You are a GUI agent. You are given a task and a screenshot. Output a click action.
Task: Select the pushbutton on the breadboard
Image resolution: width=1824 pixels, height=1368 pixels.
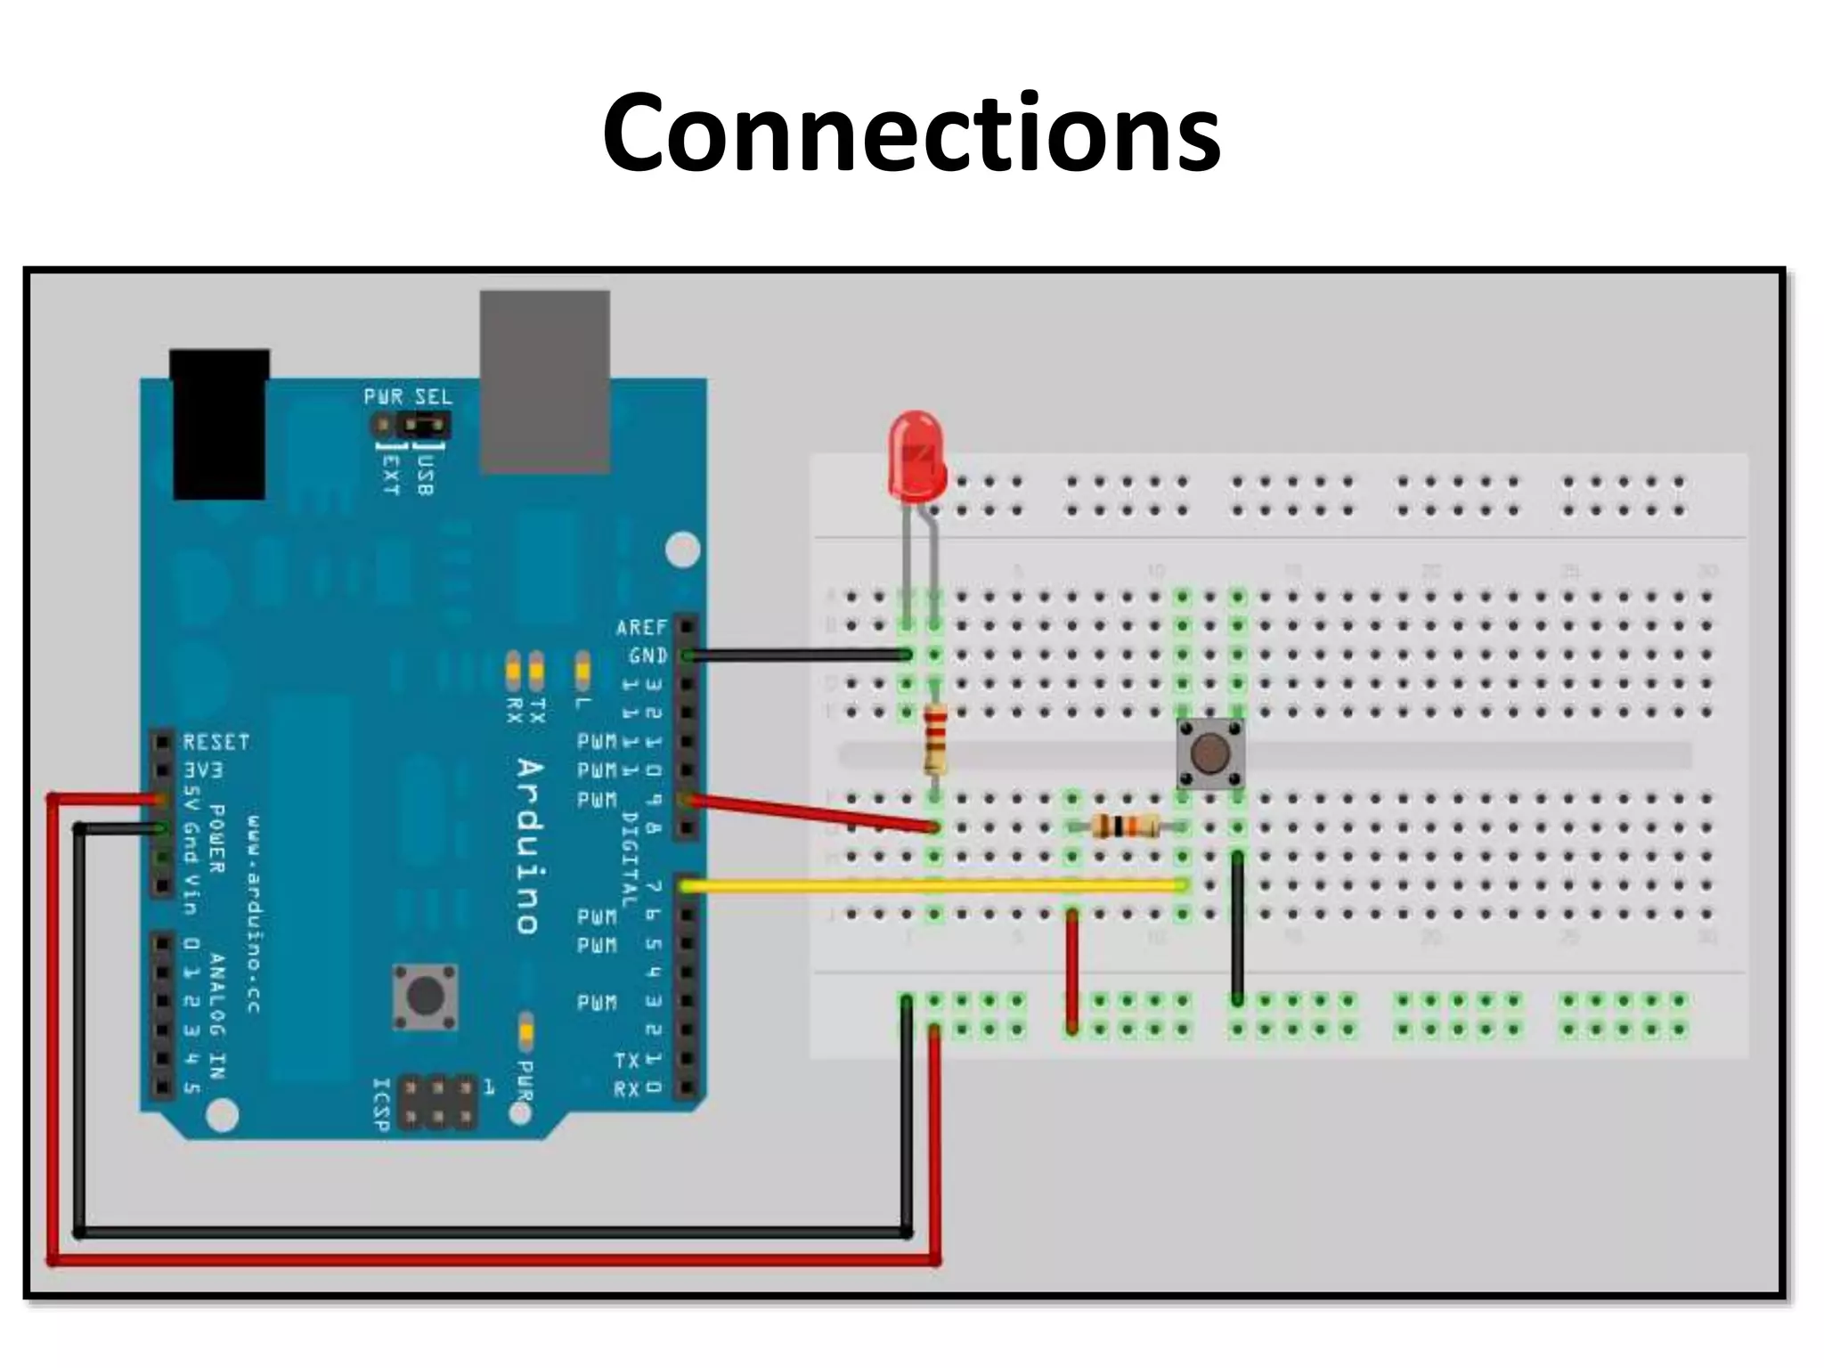[x=1209, y=754]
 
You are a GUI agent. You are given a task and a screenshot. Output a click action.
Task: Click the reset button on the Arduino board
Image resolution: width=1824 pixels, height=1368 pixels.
[x=426, y=997]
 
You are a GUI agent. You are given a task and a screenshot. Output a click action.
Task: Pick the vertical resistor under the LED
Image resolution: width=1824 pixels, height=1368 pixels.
[x=934, y=738]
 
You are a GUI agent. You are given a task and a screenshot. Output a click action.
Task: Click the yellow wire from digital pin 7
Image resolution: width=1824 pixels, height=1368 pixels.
[x=935, y=886]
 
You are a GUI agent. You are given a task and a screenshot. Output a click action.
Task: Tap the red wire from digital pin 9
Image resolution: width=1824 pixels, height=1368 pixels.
[x=810, y=814]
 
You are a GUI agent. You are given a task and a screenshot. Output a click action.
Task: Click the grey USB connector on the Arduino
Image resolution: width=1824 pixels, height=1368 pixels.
[x=545, y=381]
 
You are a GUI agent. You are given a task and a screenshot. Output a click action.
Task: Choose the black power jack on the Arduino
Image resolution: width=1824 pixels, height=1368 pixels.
[x=219, y=424]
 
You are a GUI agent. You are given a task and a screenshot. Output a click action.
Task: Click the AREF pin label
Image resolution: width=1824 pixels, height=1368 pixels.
[x=641, y=628]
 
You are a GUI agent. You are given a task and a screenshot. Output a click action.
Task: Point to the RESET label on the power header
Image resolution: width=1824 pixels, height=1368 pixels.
[x=216, y=742]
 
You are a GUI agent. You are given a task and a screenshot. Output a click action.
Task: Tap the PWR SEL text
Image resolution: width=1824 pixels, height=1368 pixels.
[x=408, y=396]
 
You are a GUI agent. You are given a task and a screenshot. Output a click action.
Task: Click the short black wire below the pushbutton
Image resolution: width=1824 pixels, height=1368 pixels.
[x=1237, y=926]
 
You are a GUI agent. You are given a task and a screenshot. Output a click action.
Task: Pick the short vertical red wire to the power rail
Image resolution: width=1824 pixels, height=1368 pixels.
[x=1072, y=971]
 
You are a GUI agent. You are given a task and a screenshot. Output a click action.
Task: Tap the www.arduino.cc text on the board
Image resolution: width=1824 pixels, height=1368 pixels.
[x=254, y=913]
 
